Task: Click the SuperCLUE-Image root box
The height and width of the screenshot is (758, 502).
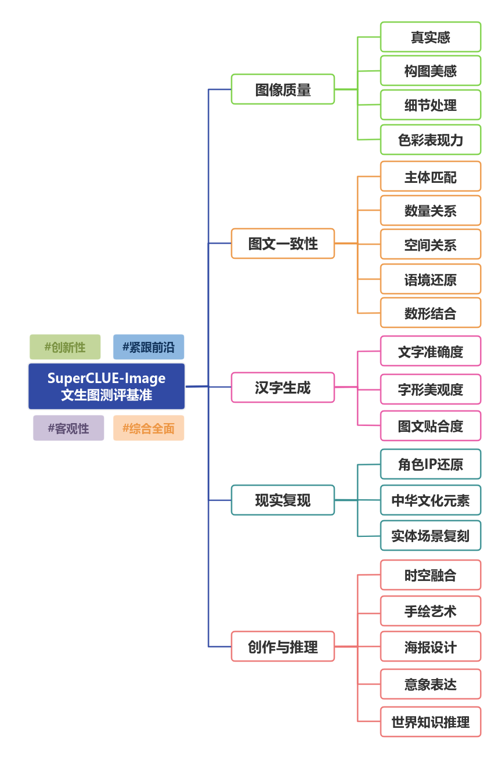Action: tap(106, 387)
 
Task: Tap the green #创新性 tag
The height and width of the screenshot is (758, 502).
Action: tap(65, 347)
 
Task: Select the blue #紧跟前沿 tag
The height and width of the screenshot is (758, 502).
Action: tap(148, 347)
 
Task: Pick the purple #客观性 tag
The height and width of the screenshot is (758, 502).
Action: tap(68, 428)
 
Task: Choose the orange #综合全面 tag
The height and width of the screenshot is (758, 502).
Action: tap(149, 428)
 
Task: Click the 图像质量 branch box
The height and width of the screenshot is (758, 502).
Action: tap(283, 89)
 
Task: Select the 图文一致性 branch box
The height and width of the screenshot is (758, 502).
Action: tap(283, 243)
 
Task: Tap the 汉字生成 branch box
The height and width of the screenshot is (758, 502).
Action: tap(283, 388)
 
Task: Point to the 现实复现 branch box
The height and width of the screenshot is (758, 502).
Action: tap(283, 500)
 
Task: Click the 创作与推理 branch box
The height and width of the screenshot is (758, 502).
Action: tap(283, 646)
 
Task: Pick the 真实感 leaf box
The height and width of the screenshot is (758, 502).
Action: tap(431, 37)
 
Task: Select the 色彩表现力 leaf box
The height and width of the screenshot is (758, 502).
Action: tap(431, 140)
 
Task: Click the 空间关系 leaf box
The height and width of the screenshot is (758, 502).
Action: tap(431, 245)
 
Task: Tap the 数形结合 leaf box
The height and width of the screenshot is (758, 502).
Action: tap(431, 313)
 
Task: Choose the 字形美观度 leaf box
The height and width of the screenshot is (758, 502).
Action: tap(431, 389)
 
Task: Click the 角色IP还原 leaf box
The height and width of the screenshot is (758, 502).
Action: tap(431, 464)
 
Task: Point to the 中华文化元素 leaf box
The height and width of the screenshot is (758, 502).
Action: tap(431, 500)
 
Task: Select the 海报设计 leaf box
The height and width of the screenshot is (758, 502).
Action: tap(431, 647)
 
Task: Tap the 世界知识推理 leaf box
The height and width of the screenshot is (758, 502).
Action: tap(431, 722)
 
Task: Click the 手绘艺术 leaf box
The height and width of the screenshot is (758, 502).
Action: tap(431, 611)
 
